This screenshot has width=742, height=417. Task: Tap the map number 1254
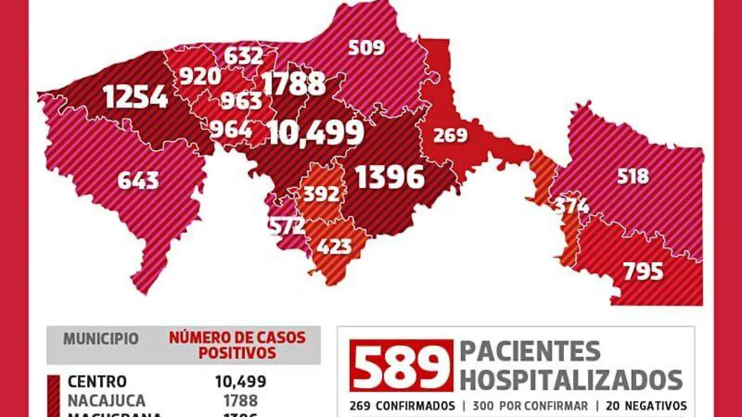pyautogui.click(x=135, y=97)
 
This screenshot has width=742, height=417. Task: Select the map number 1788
pyautogui.click(x=294, y=84)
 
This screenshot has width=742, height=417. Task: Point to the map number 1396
pyautogui.click(x=390, y=177)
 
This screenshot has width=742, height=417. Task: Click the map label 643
pyautogui.click(x=138, y=180)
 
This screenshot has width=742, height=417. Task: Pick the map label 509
pyautogui.click(x=366, y=47)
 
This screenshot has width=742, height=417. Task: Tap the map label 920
pyautogui.click(x=200, y=76)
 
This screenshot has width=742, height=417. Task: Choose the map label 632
pyautogui.click(x=243, y=56)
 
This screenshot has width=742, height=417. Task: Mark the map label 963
pyautogui.click(x=241, y=101)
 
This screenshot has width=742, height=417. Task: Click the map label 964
pyautogui.click(x=231, y=129)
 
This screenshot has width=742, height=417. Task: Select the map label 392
pyautogui.click(x=322, y=194)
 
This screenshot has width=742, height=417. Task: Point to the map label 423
pyautogui.click(x=334, y=246)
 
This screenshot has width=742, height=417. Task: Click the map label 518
pyautogui.click(x=633, y=176)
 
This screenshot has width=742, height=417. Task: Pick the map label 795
pyautogui.click(x=643, y=271)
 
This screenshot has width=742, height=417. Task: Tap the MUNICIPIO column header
pyautogui.click(x=101, y=339)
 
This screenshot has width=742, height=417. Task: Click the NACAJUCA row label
pyautogui.click(x=106, y=400)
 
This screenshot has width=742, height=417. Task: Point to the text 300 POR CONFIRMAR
pyautogui.click(x=531, y=406)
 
